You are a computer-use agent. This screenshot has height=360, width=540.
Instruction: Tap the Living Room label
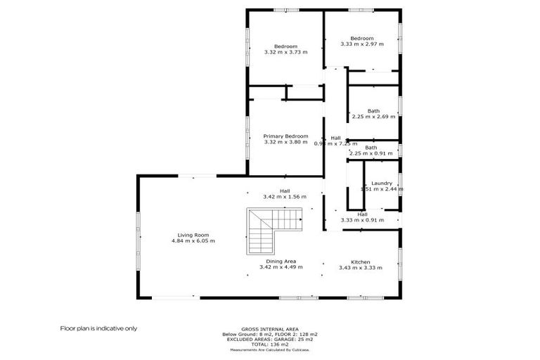pyautogui.click(x=193, y=235)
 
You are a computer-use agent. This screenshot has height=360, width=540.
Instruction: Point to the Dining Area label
pyautogui.click(x=281, y=262)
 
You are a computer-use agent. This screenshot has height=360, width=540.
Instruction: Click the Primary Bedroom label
pyautogui.click(x=285, y=136)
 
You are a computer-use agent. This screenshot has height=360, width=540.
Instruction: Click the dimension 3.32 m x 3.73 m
pyautogui.click(x=285, y=52)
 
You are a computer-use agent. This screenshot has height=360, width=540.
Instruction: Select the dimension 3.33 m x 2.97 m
pyautogui.click(x=362, y=44)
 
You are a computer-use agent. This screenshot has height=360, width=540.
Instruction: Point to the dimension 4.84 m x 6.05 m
pyautogui.click(x=193, y=241)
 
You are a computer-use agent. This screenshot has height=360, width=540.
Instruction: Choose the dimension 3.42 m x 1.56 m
pyautogui.click(x=285, y=197)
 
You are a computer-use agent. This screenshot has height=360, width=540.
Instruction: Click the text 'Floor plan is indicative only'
pyautogui.click(x=98, y=328)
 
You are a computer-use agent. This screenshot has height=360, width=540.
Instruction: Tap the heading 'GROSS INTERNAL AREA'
pyautogui.click(x=269, y=329)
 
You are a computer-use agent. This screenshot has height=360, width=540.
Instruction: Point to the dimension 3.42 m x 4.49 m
pyautogui.click(x=281, y=267)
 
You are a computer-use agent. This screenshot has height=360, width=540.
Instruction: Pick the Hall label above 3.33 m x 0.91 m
pyautogui.click(x=362, y=214)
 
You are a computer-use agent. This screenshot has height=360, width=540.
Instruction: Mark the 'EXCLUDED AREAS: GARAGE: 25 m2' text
pyautogui.click(x=269, y=338)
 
